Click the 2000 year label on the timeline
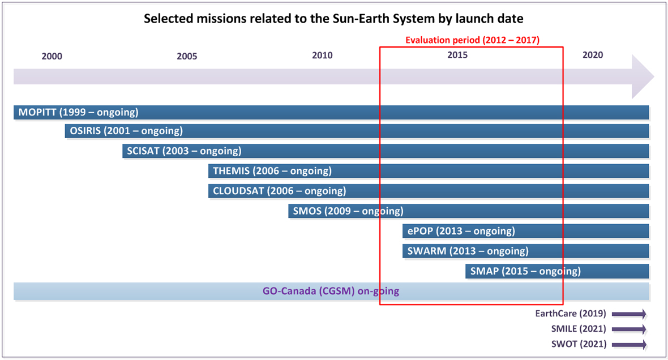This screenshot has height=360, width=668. [x=52, y=56]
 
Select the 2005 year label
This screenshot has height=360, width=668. [x=187, y=56]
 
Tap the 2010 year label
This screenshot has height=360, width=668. [x=322, y=55]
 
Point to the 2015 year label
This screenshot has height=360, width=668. [x=457, y=55]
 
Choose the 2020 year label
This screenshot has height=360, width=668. [x=593, y=55]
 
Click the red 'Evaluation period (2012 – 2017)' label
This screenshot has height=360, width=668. [x=472, y=40]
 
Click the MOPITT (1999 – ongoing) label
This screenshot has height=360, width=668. [x=78, y=112]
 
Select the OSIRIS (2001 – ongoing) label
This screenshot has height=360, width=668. [x=126, y=131]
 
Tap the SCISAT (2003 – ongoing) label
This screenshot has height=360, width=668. [x=184, y=151]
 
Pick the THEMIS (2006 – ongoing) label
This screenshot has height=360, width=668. [x=272, y=170]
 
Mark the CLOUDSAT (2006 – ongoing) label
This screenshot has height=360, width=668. [x=279, y=191]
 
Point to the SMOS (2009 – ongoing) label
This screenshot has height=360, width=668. [x=348, y=211]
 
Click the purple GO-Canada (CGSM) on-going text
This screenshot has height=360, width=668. [x=331, y=292]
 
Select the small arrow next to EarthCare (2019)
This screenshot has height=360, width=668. [x=629, y=314]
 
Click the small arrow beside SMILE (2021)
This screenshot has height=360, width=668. [x=629, y=329]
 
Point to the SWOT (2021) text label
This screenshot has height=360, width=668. [x=579, y=344]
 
